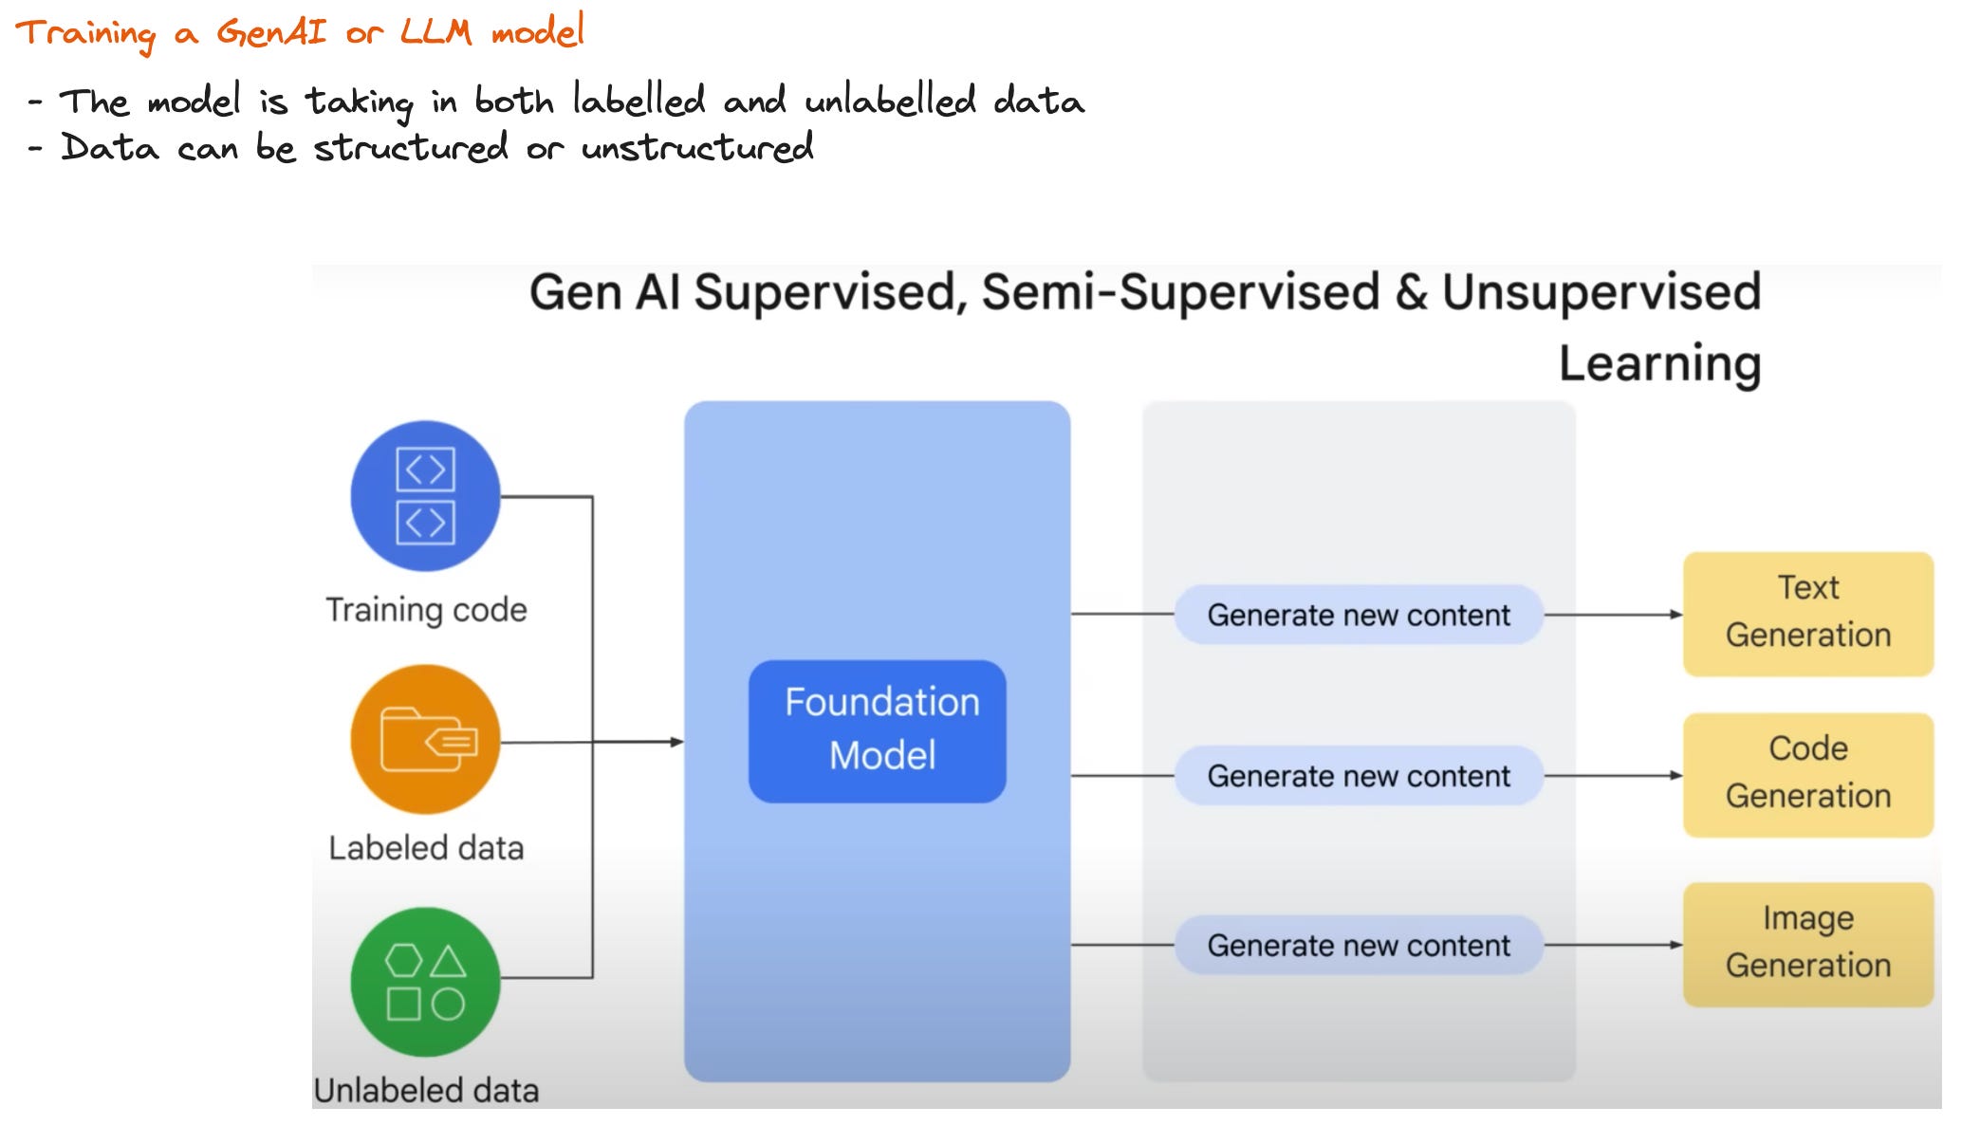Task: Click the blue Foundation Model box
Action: coord(877,730)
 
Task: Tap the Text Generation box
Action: coord(1807,613)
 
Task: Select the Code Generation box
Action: coord(1807,774)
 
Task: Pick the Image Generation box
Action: coord(1807,943)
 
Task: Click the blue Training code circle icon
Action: coord(425,495)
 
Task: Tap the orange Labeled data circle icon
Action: coord(425,739)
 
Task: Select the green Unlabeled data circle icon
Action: coord(425,981)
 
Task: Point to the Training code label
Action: coord(426,610)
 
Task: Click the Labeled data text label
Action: coord(426,847)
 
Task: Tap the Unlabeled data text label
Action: coord(426,1090)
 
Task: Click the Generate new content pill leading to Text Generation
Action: coord(1358,615)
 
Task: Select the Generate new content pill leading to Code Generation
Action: coord(1358,776)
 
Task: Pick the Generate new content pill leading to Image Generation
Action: coord(1358,945)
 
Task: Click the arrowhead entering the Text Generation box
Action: coord(1676,615)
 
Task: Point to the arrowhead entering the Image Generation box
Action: coord(1676,945)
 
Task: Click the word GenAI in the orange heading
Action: coord(271,32)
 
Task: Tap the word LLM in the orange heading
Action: coord(435,32)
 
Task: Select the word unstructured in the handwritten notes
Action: coord(697,148)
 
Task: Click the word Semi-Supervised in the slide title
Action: coord(1180,291)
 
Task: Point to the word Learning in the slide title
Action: coord(1659,364)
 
